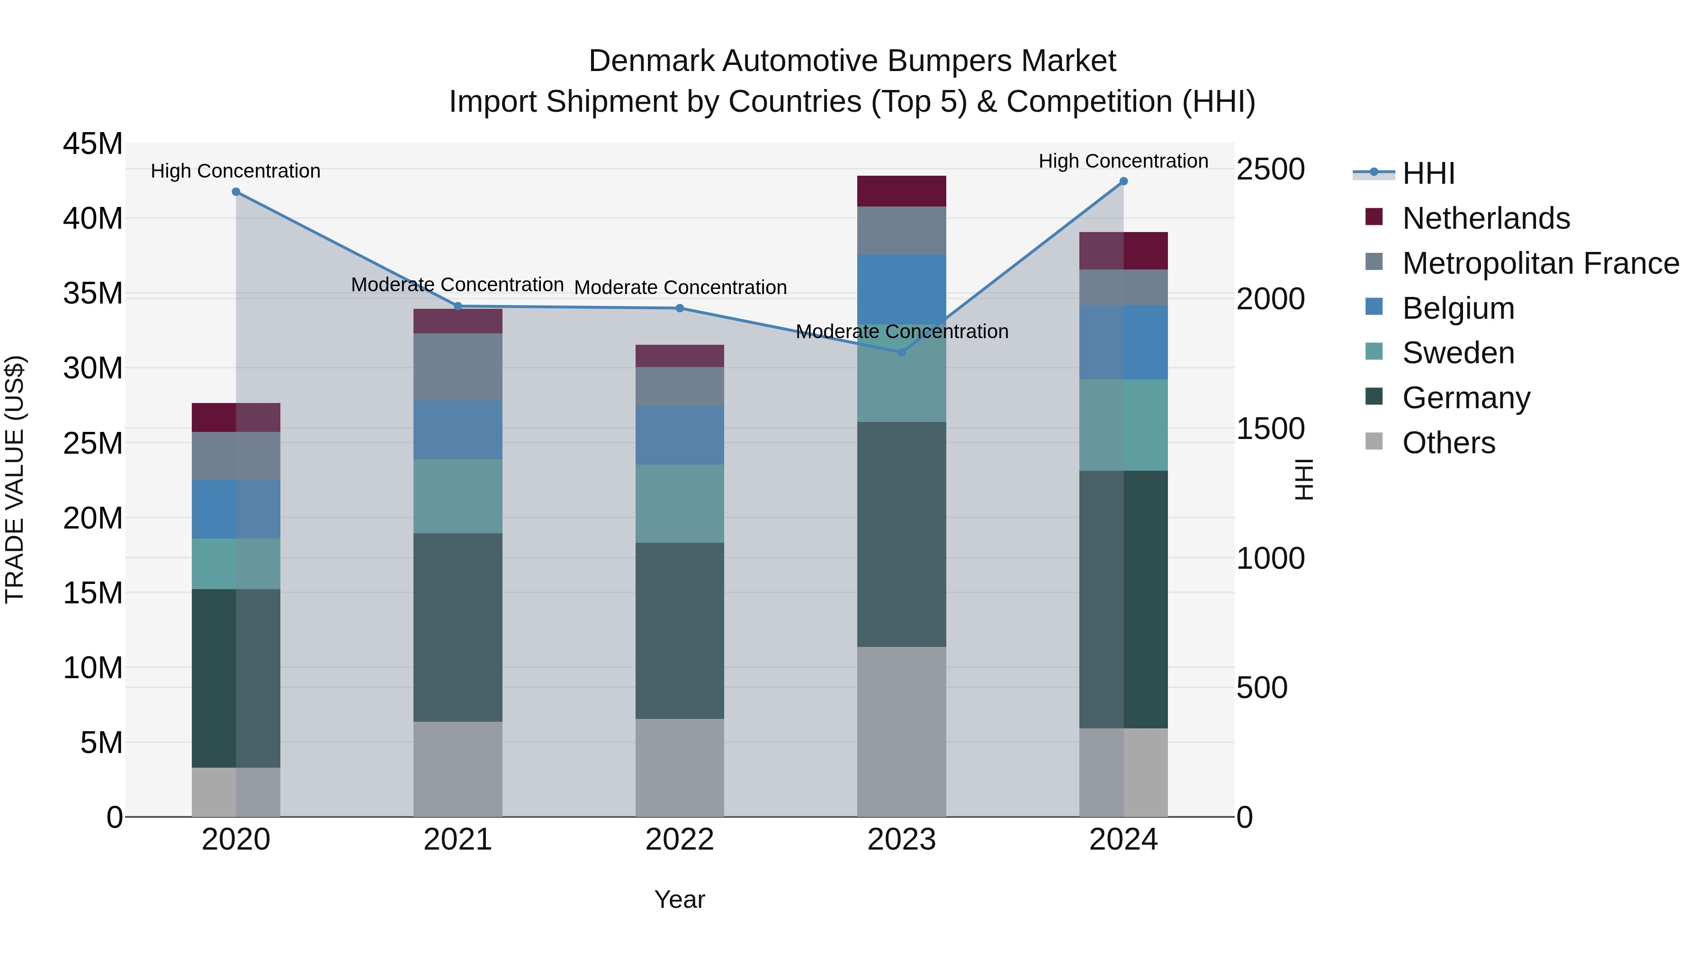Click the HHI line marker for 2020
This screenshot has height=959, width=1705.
236,192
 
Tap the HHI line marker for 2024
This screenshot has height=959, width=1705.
1123,181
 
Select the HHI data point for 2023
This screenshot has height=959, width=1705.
901,352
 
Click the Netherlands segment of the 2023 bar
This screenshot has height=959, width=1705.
901,191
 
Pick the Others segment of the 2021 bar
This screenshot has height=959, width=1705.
458,769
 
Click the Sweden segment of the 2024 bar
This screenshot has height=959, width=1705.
1123,425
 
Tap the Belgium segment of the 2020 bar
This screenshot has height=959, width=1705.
236,509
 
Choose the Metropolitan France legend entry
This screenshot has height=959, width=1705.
1540,263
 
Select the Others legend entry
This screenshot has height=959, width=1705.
1448,443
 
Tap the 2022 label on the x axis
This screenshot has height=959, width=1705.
679,840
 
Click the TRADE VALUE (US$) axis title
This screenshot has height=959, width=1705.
15,479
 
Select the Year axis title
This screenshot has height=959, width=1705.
679,899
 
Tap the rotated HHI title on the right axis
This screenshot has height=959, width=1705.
1302,479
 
